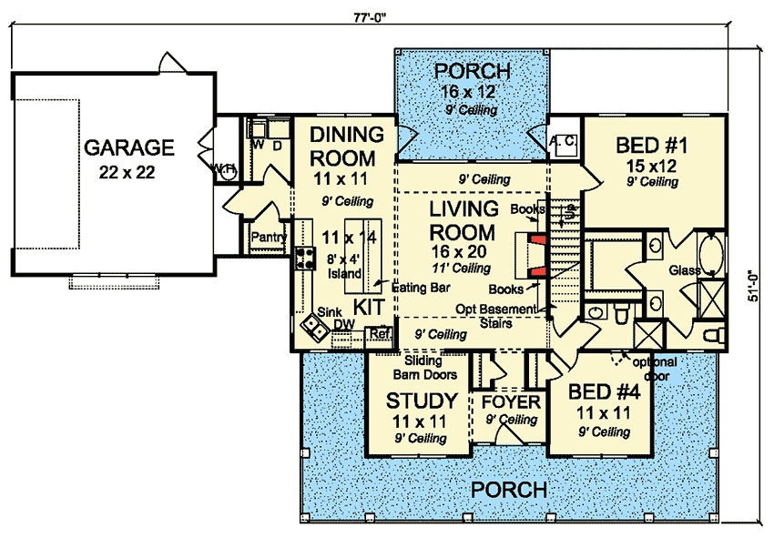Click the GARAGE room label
(x=129, y=146)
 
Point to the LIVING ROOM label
(x=462, y=220)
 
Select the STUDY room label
(x=421, y=401)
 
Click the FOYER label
(x=510, y=401)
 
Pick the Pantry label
(x=270, y=239)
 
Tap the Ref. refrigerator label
(x=381, y=334)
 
